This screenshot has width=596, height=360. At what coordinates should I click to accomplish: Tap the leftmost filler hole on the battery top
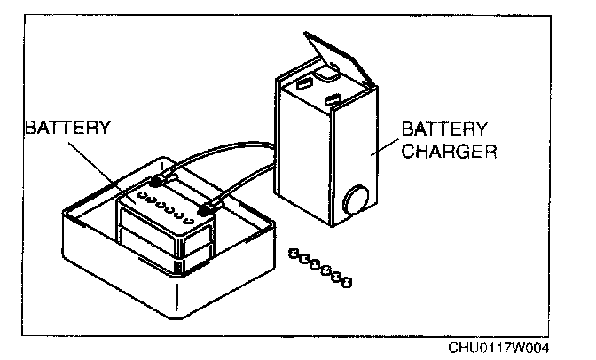click(142, 199)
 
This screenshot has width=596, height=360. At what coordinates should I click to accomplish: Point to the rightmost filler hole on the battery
click(190, 218)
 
